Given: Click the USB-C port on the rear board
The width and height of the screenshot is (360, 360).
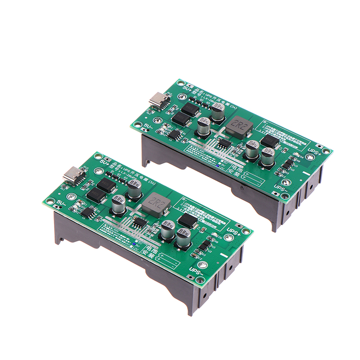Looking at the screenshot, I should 160,99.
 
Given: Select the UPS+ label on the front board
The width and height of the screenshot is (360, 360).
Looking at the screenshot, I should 233,231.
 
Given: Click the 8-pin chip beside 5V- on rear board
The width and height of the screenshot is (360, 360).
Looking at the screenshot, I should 174,133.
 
